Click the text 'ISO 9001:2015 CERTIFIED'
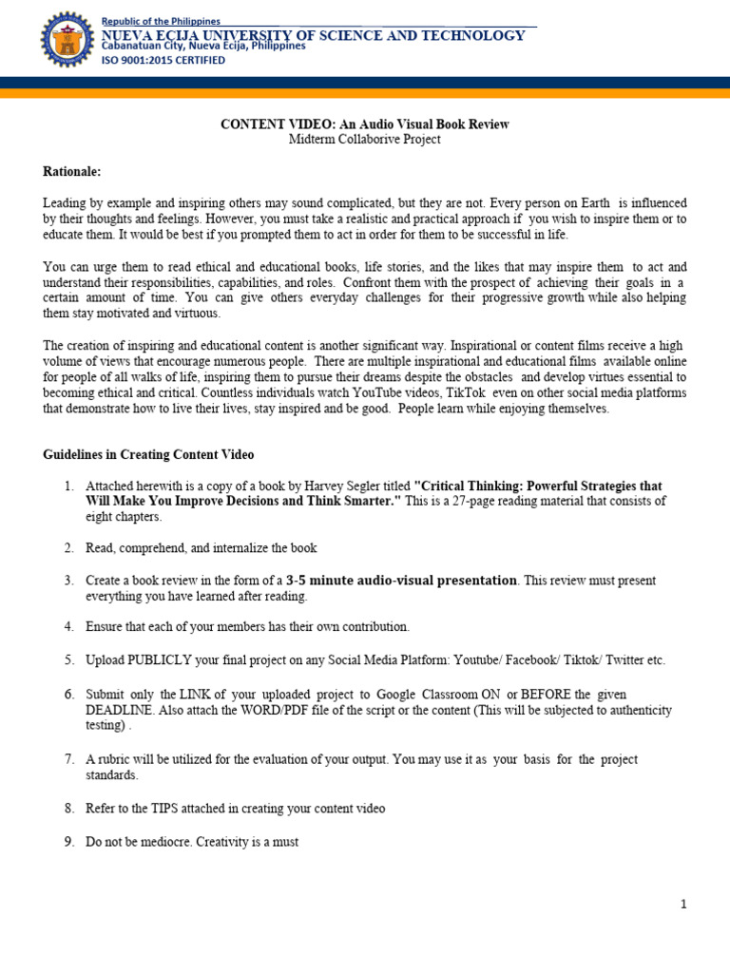[x=163, y=60]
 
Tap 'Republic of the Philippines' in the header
[x=161, y=21]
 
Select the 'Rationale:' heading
[x=71, y=171]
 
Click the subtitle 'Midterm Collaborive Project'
[x=365, y=139]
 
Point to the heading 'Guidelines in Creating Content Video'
[x=148, y=455]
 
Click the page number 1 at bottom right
[x=682, y=904]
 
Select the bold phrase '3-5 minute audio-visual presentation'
[x=402, y=580]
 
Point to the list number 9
[x=69, y=841]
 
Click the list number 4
[x=69, y=626]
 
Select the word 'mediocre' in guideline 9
[x=156, y=841]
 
